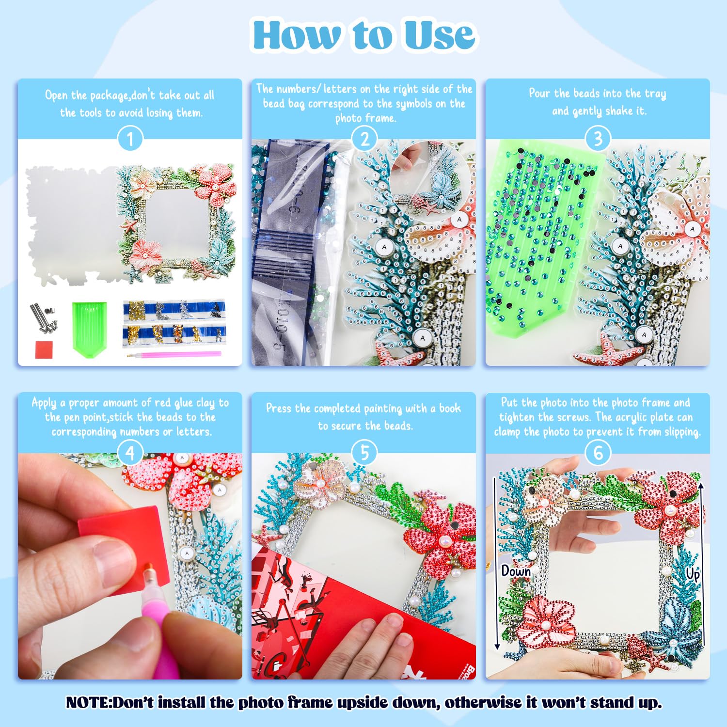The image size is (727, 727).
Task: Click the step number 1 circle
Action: (130, 140)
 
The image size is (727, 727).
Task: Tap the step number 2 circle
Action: (364, 139)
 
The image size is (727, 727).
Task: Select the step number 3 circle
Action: (598, 139)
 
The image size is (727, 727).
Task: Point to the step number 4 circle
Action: (130, 453)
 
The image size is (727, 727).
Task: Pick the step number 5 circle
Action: (364, 453)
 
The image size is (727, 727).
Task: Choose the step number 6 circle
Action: (598, 453)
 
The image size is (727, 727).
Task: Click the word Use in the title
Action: (439, 35)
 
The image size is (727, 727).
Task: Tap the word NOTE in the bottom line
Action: (88, 702)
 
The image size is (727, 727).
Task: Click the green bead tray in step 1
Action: (90, 325)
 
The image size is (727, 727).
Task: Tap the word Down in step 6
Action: (516, 571)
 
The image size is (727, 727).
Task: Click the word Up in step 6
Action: (693, 574)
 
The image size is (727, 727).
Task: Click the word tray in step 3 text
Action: (655, 93)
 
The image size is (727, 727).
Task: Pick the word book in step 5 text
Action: (450, 408)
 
